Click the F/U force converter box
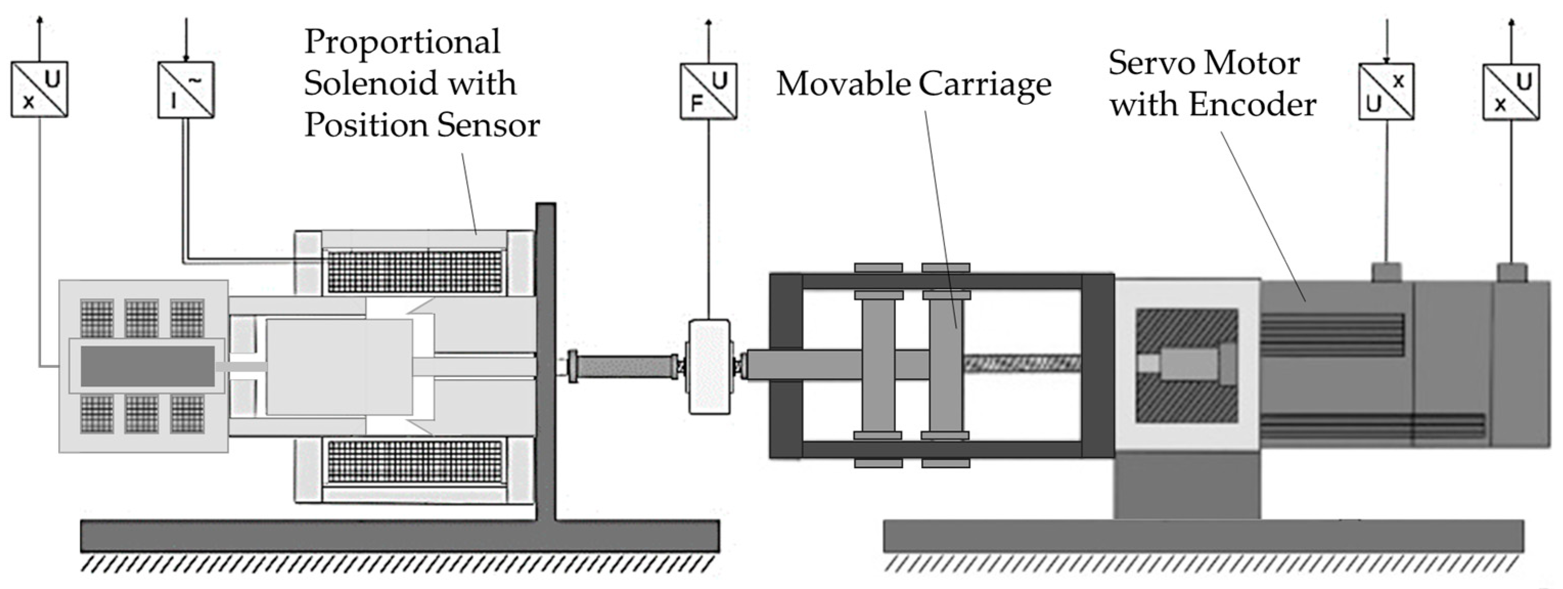(x=708, y=91)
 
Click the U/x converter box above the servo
(x=1386, y=92)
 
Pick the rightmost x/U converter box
(x=1511, y=92)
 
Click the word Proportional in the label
(x=402, y=42)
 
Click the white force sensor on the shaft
(x=709, y=367)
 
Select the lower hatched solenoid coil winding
(x=415, y=462)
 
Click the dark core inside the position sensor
(x=147, y=366)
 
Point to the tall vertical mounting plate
(x=545, y=358)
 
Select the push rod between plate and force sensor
(x=625, y=366)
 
